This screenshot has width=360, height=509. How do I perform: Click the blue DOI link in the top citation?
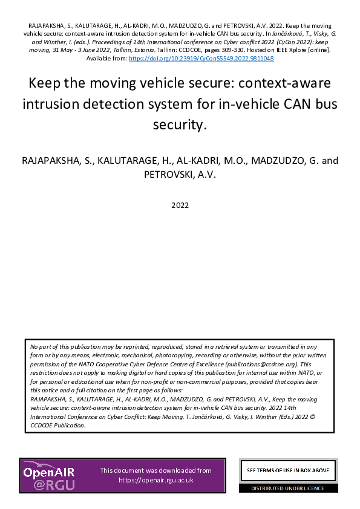[201, 59]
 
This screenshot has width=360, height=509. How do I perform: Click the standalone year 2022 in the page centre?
[180, 205]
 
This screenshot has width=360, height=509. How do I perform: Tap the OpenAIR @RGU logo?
[48, 475]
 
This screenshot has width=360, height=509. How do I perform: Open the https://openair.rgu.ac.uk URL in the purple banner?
[155, 480]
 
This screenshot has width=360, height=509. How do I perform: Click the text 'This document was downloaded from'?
[155, 470]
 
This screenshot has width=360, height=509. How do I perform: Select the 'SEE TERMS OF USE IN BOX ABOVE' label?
[288, 470]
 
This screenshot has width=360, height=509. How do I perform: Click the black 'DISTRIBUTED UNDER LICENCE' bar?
[288, 488]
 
